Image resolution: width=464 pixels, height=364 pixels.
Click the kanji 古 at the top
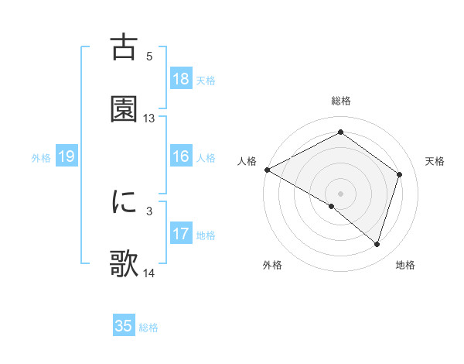tap(124, 46)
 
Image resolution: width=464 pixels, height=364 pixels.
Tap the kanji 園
tap(124, 109)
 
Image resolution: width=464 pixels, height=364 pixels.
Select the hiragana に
tap(124, 201)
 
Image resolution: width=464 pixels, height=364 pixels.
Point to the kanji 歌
tap(124, 264)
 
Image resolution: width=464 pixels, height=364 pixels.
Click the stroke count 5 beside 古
tap(149, 56)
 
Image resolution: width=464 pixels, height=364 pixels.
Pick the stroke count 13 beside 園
tap(149, 118)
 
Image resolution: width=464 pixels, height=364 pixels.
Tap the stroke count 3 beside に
tap(149, 210)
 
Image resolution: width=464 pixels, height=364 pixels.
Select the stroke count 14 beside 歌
tap(149, 273)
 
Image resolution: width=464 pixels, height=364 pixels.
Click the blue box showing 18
tap(181, 79)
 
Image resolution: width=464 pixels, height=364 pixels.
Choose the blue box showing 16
tap(181, 156)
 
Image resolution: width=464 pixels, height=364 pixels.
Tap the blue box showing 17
tap(181, 234)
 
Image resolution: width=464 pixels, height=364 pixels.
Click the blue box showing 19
tap(67, 156)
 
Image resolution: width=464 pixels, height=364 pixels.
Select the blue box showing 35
tap(124, 326)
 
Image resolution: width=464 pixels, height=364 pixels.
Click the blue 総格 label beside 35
tap(148, 328)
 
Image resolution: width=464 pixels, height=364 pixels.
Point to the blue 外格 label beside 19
tap(41, 158)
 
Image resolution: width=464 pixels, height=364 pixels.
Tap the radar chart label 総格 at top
tap(341, 101)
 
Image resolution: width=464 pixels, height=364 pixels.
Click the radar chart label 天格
tap(435, 161)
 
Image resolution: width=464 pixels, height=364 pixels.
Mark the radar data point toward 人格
tap(267, 170)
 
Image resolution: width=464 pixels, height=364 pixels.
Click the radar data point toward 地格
tap(377, 245)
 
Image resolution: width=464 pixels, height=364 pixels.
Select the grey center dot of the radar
tap(341, 193)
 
